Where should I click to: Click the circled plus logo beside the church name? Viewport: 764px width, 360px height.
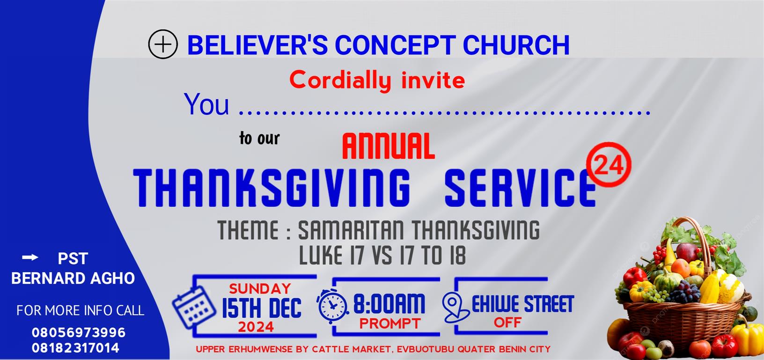pyautogui.click(x=163, y=44)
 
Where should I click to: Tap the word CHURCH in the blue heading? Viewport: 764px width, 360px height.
pyautogui.click(x=516, y=44)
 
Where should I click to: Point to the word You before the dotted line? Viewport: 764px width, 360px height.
pyautogui.click(x=206, y=104)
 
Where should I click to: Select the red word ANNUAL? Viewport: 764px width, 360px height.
pyautogui.click(x=389, y=146)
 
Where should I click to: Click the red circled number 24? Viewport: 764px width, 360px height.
pyautogui.click(x=609, y=165)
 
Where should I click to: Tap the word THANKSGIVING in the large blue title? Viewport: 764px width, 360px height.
pyautogui.click(x=272, y=188)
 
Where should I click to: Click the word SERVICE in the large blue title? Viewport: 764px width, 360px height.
pyautogui.click(x=521, y=188)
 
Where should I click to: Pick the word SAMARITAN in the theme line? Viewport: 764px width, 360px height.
pyautogui.click(x=351, y=230)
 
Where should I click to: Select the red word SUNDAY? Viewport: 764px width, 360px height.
pyautogui.click(x=260, y=289)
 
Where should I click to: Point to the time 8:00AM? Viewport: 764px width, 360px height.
pyautogui.click(x=389, y=304)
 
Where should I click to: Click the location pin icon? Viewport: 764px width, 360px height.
pyautogui.click(x=455, y=308)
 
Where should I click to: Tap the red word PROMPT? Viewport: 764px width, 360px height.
pyautogui.click(x=390, y=323)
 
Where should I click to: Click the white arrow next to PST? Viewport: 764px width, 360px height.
pyautogui.click(x=30, y=257)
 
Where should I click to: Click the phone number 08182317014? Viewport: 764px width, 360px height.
pyautogui.click(x=75, y=348)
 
